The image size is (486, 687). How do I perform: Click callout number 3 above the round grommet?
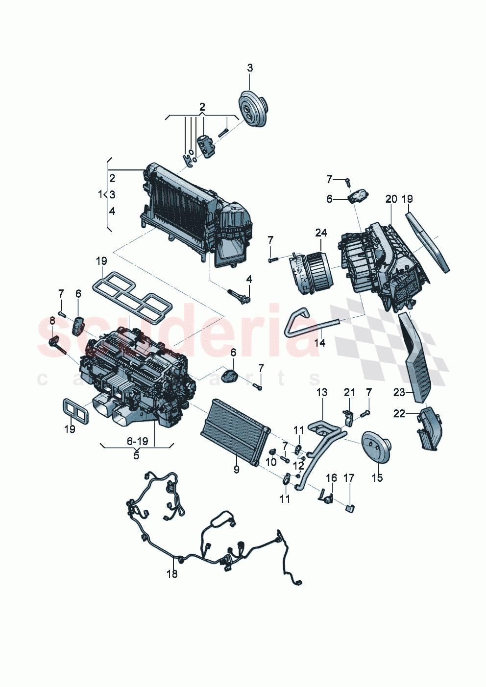click(x=250, y=68)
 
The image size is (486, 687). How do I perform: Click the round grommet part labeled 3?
click(x=253, y=110)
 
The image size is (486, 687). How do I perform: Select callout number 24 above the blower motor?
click(x=321, y=233)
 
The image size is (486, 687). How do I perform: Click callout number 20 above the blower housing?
click(x=391, y=199)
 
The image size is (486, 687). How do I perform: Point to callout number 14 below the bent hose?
click(x=319, y=342)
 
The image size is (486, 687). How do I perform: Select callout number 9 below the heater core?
click(x=236, y=470)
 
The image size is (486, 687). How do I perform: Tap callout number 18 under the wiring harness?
click(x=172, y=573)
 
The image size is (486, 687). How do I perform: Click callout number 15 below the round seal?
click(x=377, y=477)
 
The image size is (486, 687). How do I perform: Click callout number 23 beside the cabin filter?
click(x=399, y=392)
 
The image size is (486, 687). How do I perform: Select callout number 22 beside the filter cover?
click(x=399, y=414)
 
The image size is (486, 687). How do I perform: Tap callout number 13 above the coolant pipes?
click(x=322, y=392)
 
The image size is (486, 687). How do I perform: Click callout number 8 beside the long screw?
click(x=52, y=321)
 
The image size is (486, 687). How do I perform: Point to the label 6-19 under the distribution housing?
click(x=137, y=441)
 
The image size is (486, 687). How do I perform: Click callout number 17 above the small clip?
click(x=348, y=477)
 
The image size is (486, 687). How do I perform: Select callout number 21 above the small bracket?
click(x=349, y=392)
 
